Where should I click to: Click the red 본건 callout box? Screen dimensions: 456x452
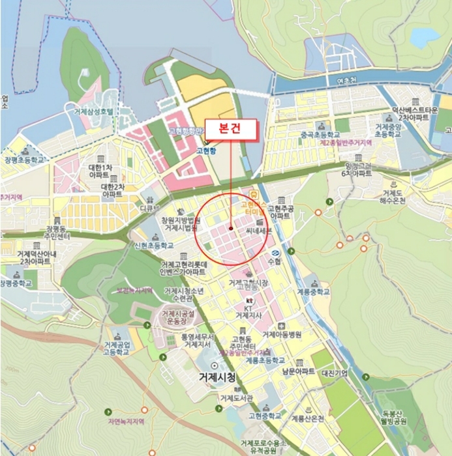coord(232,129)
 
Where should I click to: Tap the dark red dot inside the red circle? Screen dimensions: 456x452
coord(231,228)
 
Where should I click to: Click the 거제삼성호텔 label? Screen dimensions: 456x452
coord(94,111)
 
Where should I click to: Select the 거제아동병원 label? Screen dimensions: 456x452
coord(282,335)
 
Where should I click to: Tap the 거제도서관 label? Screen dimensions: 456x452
coord(235,398)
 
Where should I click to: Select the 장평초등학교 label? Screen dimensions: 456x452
coord(25,160)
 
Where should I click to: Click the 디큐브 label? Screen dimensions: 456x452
coord(149,209)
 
